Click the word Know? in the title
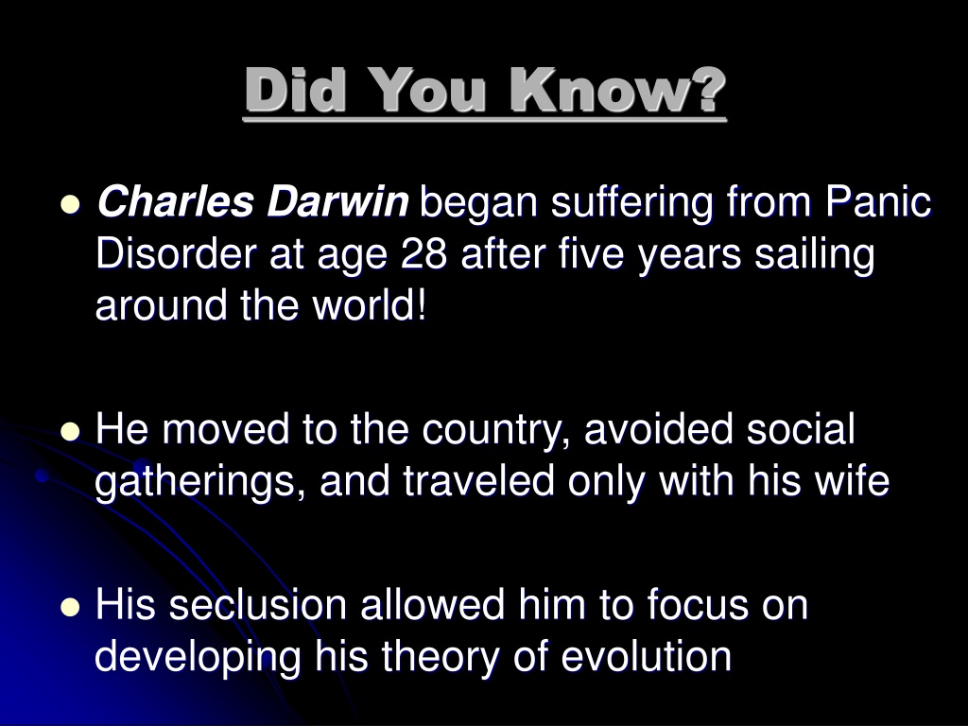(617, 90)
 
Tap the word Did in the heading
(295, 90)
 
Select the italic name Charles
(175, 202)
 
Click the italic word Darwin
(337, 202)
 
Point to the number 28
(424, 253)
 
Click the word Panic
(879, 201)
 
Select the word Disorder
(176, 253)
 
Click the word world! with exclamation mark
(370, 305)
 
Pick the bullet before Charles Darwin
(70, 204)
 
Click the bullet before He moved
(70, 431)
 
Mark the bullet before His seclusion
(70, 607)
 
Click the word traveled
(479, 481)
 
